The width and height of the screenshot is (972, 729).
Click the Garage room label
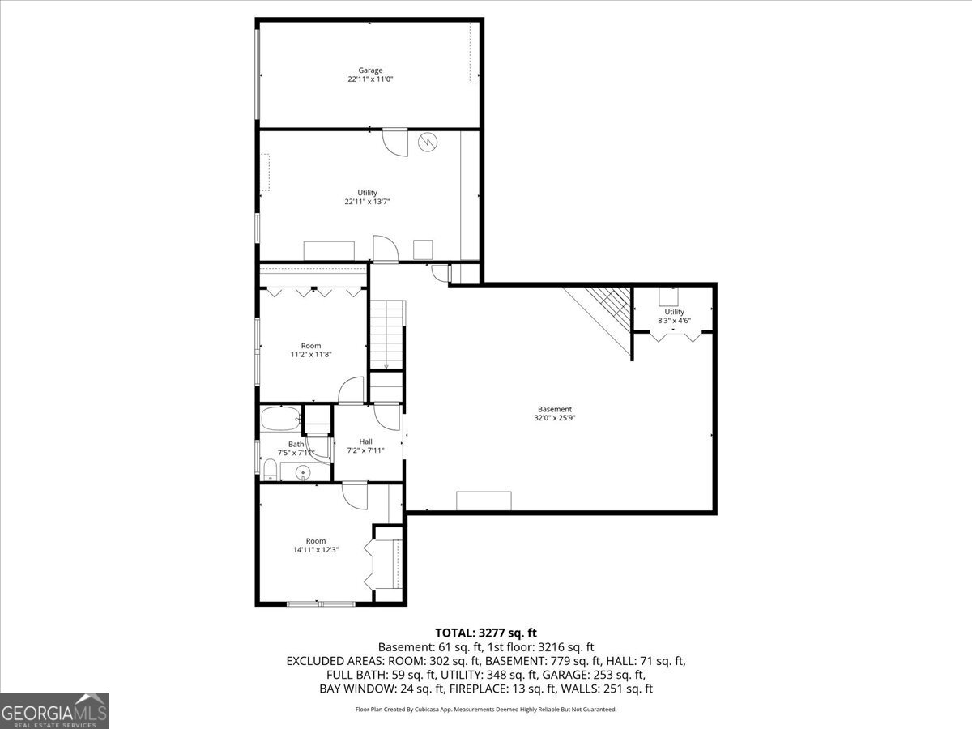tap(370, 70)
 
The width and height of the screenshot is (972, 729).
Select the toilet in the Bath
tap(271, 468)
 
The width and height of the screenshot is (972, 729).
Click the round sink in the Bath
tap(305, 472)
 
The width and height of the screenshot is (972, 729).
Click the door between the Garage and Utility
tap(395, 141)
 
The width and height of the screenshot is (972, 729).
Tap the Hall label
tap(365, 441)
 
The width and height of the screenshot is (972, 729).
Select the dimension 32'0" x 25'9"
tap(555, 419)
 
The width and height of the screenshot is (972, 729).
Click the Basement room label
tap(555, 409)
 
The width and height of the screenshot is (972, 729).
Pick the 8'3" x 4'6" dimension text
tap(674, 321)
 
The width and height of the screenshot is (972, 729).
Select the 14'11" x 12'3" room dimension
tap(316, 550)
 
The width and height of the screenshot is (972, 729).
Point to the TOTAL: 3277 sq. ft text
tap(486, 632)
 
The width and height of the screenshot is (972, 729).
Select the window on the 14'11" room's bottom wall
tap(321, 603)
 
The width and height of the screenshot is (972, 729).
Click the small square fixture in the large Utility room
tap(424, 249)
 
